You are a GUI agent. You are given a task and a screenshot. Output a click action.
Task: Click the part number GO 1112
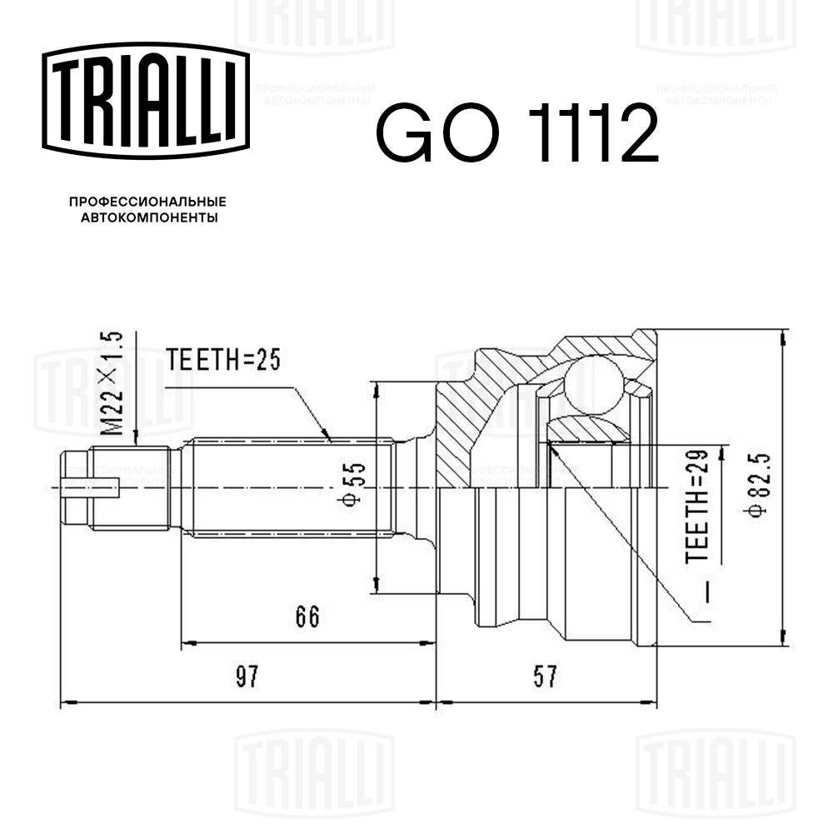click(x=516, y=133)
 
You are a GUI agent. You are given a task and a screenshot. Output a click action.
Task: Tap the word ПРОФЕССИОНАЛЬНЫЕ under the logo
click(x=147, y=202)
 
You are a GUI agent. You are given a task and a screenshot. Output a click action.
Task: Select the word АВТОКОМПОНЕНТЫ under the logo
click(x=149, y=218)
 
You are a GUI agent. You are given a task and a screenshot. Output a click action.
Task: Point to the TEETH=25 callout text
click(x=221, y=360)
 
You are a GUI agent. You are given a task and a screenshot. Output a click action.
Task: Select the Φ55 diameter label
click(x=354, y=483)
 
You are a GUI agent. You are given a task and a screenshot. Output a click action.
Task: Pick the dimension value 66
click(x=307, y=616)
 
